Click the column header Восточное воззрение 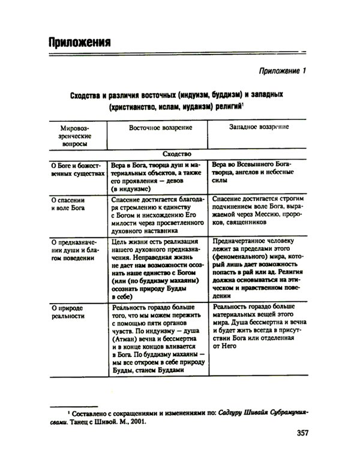[x=160, y=128]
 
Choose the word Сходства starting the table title [x=87, y=95]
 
